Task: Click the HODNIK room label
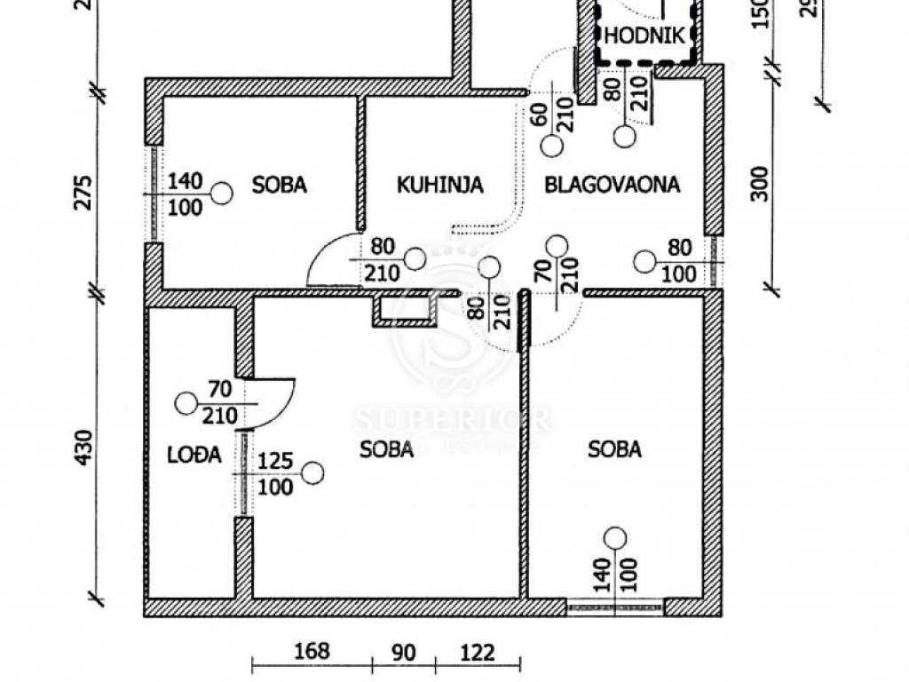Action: coord(644,36)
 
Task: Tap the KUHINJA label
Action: coord(439,185)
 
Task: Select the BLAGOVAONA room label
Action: coord(613,185)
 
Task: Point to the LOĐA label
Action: coord(194,455)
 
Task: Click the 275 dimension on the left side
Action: coord(83,193)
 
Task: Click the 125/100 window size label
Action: coord(275,474)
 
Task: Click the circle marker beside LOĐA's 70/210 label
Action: coord(186,403)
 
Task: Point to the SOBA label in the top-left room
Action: coord(279,185)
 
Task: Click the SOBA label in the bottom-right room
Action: coord(614,449)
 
